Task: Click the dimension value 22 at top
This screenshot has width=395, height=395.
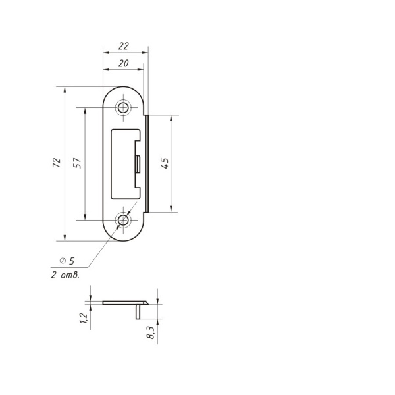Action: click(124, 46)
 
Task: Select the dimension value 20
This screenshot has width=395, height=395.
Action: click(124, 63)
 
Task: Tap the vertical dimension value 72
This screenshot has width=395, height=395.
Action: click(57, 163)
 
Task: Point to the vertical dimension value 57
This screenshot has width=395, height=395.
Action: click(77, 163)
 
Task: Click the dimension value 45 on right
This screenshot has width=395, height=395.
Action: click(165, 163)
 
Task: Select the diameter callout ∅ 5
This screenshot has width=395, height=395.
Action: click(67, 261)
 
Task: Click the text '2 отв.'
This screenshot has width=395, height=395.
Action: click(65, 275)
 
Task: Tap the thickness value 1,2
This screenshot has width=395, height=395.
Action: click(84, 318)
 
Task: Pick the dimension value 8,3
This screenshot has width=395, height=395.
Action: click(150, 332)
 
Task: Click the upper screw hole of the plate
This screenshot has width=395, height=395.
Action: click(123, 108)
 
